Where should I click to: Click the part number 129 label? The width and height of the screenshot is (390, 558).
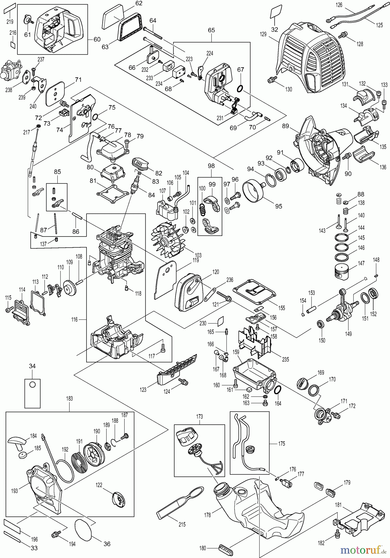coord(263,34)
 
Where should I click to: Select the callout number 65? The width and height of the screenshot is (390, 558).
coord(211,30)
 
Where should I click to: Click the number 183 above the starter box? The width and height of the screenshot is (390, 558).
coord(69,398)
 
